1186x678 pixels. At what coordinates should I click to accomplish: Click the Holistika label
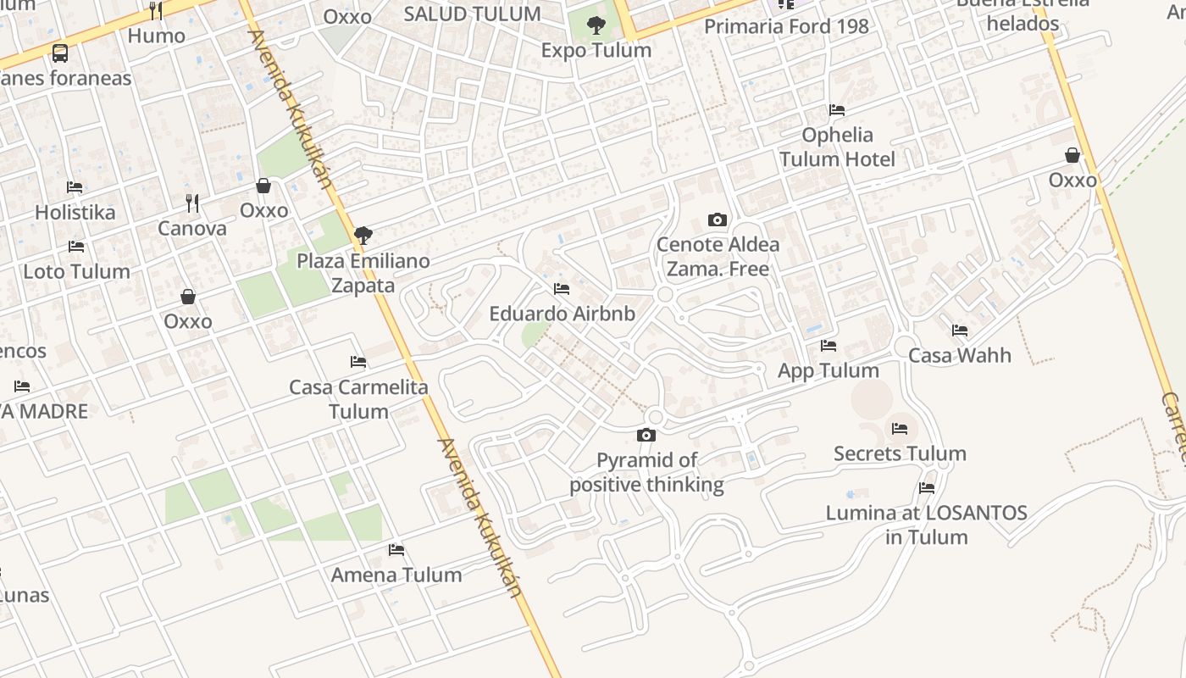click(75, 212)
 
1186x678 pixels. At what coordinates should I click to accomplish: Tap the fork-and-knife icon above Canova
click(192, 203)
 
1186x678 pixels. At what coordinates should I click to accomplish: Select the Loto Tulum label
click(76, 272)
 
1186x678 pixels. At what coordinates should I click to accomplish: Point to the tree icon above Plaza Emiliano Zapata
click(363, 236)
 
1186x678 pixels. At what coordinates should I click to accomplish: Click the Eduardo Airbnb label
click(562, 314)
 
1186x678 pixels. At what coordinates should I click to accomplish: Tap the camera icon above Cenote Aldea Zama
click(717, 220)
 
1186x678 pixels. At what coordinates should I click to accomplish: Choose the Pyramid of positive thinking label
click(646, 473)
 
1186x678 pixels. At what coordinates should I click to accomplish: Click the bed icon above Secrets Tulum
click(900, 429)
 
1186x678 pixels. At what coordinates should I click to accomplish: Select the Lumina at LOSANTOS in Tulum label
click(926, 525)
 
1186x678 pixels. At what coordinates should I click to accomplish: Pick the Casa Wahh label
click(959, 355)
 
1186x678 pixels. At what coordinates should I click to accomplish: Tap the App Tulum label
click(828, 371)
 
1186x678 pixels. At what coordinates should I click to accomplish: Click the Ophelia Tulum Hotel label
click(837, 147)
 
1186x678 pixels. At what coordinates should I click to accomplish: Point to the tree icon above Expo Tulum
click(596, 25)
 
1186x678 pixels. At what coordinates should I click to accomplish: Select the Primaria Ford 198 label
click(786, 26)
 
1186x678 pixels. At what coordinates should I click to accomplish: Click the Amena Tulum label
click(396, 575)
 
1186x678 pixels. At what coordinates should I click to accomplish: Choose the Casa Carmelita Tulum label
click(358, 399)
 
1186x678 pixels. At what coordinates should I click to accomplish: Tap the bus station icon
click(59, 53)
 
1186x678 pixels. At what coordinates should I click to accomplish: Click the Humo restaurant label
click(156, 36)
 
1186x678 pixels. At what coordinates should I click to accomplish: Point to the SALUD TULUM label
click(472, 14)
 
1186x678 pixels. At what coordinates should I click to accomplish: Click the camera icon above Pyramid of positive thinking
click(646, 436)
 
